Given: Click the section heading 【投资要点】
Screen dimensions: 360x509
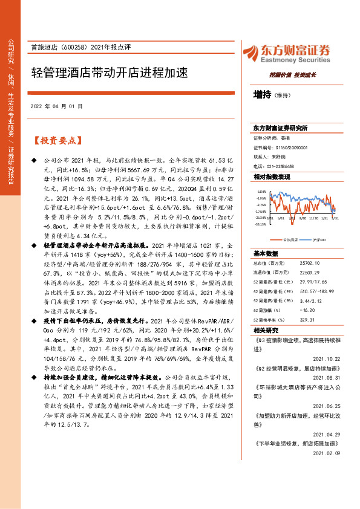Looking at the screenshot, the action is pyautogui.click(x=56, y=141).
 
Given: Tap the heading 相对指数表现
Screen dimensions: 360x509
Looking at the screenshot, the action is pyautogui.click(x=272, y=177).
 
